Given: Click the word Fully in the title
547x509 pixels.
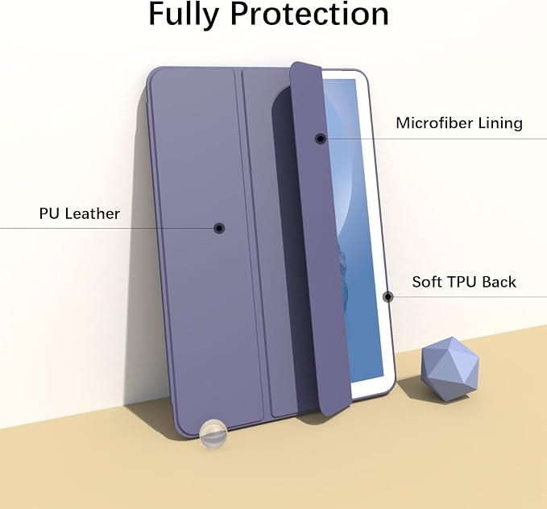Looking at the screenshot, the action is coord(184,14).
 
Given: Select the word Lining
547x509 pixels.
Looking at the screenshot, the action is coord(500,123).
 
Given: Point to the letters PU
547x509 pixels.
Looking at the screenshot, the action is coord(49,213).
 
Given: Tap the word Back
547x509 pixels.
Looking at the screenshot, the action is coord(498,282).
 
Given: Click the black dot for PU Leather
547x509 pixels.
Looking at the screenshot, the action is coord(219,228).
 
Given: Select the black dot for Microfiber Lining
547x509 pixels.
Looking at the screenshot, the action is coord(321,139).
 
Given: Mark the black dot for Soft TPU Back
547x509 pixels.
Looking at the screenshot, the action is coord(388,297).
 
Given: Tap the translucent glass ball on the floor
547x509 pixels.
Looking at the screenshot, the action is coord(213,434).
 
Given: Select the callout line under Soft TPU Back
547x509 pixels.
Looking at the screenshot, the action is coord(467,297).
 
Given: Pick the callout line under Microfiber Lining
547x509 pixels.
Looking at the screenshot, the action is coord(433,139).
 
